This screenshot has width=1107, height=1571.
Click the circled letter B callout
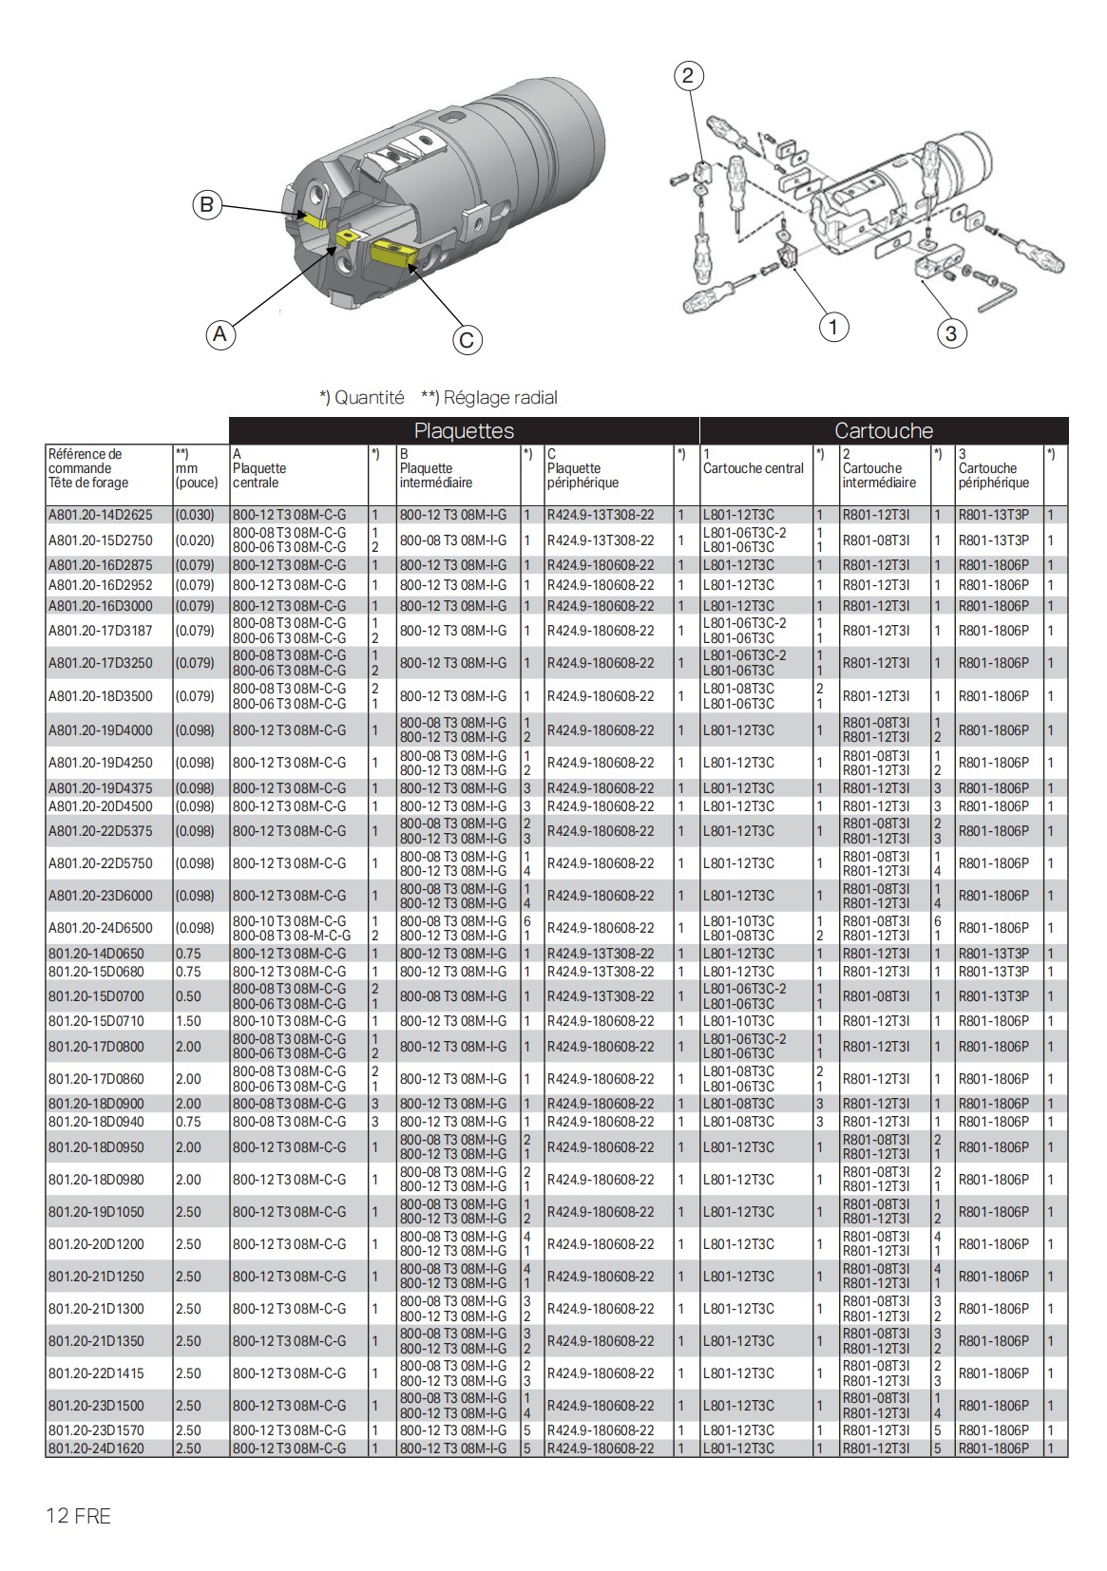pyautogui.click(x=207, y=204)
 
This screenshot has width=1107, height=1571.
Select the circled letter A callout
pyautogui.click(x=220, y=334)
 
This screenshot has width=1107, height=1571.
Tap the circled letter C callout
pyautogui.click(x=467, y=340)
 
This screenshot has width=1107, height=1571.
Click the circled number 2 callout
pyautogui.click(x=689, y=76)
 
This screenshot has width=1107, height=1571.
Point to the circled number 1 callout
pyautogui.click(x=833, y=328)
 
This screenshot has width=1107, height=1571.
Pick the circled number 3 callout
pyautogui.click(x=951, y=332)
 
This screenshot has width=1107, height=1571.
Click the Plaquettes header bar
pyautogui.click(x=464, y=430)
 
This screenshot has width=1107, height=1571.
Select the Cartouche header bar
pyautogui.click(x=884, y=430)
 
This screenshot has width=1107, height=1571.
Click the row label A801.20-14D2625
pyautogui.click(x=100, y=515)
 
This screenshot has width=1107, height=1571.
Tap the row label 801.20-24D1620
pyautogui.click(x=96, y=1448)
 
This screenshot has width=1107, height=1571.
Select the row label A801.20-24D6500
pyautogui.click(x=100, y=928)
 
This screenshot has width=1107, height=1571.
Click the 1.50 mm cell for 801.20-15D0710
pyautogui.click(x=188, y=1021)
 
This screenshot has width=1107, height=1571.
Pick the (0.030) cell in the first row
pyautogui.click(x=195, y=515)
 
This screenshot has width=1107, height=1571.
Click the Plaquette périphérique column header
pyautogui.click(x=582, y=475)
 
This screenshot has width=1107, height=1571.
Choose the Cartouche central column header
pyautogui.click(x=753, y=468)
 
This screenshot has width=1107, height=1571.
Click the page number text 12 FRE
pyautogui.click(x=79, y=1516)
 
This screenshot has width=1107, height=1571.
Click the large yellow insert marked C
pyautogui.click(x=391, y=254)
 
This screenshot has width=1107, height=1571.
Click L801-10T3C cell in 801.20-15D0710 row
pyautogui.click(x=738, y=1021)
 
